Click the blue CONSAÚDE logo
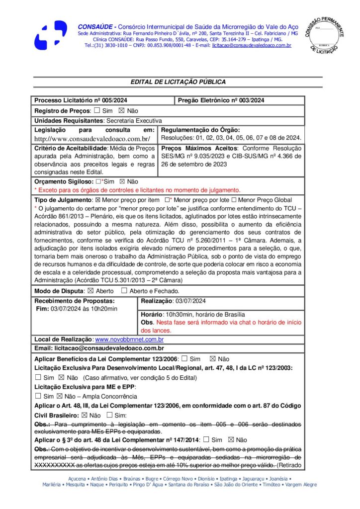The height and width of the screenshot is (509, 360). (51, 35)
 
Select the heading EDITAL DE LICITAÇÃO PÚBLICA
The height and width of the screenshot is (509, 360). (178, 82)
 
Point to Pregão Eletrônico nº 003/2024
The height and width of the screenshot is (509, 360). (221, 100)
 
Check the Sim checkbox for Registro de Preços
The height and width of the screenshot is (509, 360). (96, 110)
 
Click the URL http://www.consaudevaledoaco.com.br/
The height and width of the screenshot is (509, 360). (92, 139)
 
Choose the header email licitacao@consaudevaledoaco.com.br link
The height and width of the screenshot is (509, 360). (251, 45)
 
